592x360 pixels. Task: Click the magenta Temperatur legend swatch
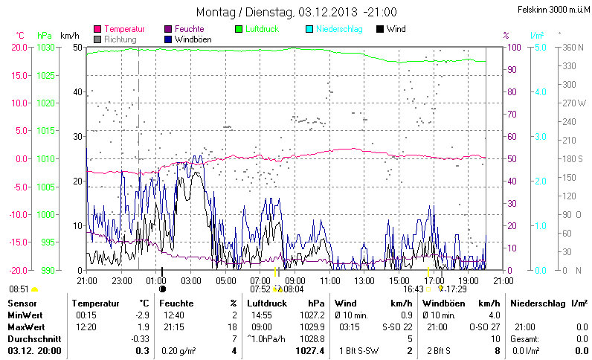point(98,29)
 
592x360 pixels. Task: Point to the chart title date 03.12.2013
point(327,12)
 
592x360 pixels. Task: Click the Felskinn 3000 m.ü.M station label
point(553,10)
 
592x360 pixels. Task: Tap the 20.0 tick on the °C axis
point(19,47)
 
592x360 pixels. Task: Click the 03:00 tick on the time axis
point(192,280)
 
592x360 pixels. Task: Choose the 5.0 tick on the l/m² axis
point(541,47)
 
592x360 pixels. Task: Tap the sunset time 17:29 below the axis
point(457,289)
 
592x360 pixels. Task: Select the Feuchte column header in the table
point(176,303)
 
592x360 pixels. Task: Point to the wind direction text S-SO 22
point(397,327)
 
